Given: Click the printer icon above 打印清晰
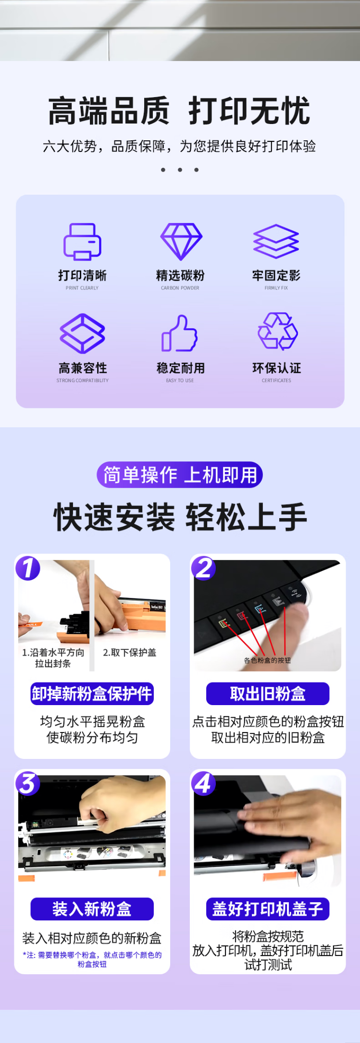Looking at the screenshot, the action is [x=82, y=241].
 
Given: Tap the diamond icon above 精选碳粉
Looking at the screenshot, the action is [x=181, y=241].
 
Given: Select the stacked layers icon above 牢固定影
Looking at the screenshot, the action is [x=276, y=241].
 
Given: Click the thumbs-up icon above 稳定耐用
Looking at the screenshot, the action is [x=179, y=333].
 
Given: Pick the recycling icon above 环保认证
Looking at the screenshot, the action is [x=278, y=331].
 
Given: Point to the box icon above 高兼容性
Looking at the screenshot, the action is [x=82, y=333].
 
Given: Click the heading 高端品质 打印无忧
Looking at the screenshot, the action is [x=179, y=111].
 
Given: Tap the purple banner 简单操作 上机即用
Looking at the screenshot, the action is [x=180, y=475].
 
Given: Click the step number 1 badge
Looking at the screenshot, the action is [x=28, y=568].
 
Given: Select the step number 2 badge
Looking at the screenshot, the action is [x=203, y=568].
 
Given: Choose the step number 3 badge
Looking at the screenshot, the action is [x=28, y=783].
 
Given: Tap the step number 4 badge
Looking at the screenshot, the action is [x=203, y=783].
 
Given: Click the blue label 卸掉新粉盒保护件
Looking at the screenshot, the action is [x=92, y=694].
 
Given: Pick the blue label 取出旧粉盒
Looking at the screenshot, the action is [x=268, y=694].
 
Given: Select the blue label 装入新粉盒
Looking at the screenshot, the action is [x=92, y=909].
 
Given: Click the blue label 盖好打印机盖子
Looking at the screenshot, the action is [x=268, y=909].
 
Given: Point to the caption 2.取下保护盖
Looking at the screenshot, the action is [x=130, y=652].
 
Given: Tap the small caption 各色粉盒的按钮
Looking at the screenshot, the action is [x=267, y=660].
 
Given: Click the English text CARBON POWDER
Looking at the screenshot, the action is [x=180, y=288].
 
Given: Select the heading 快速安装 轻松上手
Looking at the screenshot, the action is [x=180, y=517].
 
